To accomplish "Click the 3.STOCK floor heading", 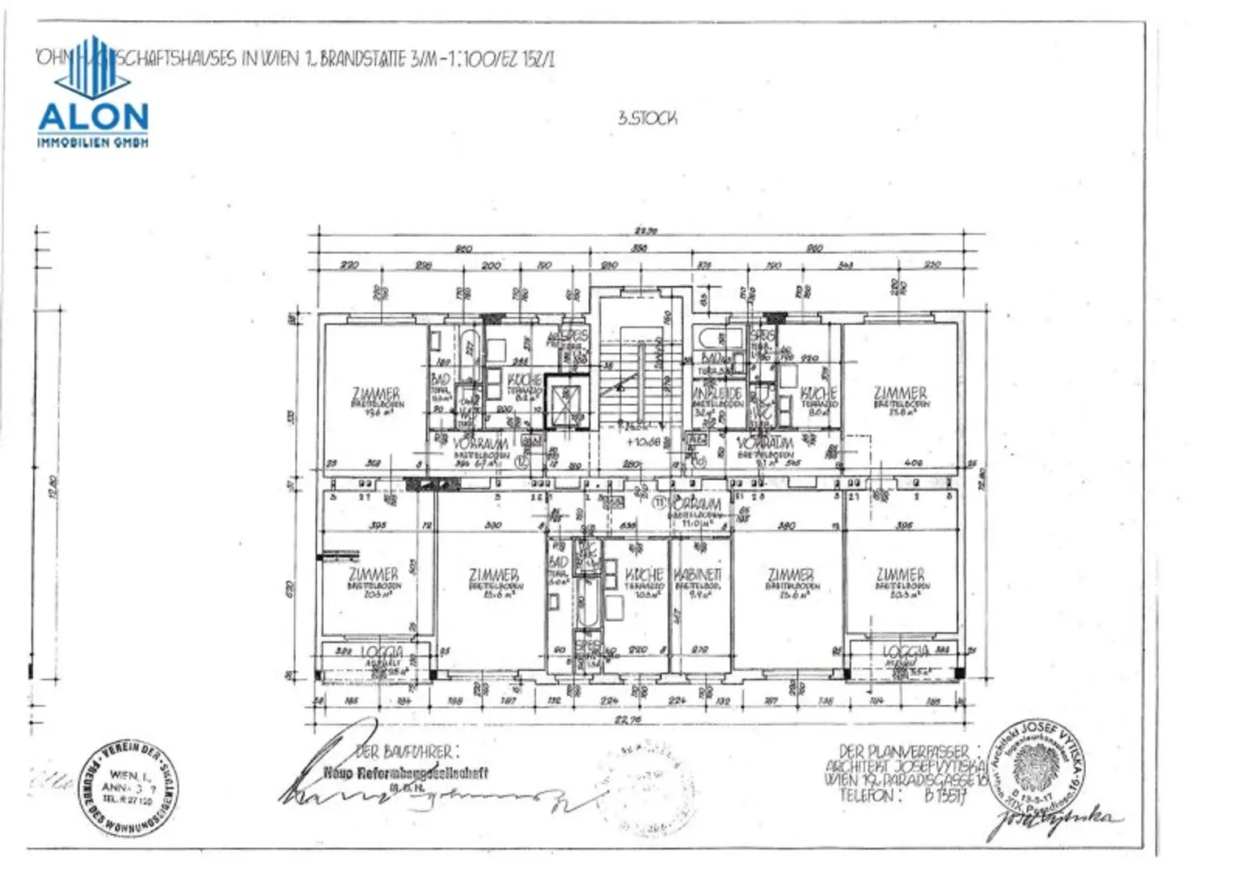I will [x=647, y=118].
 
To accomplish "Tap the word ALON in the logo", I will [x=93, y=117].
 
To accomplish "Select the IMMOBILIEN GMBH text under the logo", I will [x=93, y=142].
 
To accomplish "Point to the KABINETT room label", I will [x=696, y=574].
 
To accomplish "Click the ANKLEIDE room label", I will [x=717, y=393].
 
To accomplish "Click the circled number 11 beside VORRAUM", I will [x=659, y=503].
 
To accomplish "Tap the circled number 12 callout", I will [x=522, y=461].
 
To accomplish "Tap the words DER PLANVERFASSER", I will [x=903, y=752].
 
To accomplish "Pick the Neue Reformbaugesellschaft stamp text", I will [x=406, y=773].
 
